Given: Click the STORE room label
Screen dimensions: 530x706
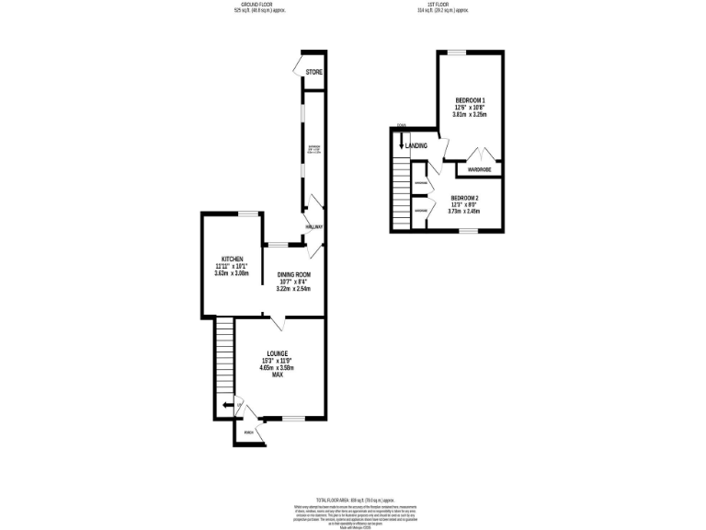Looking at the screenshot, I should (x=314, y=72).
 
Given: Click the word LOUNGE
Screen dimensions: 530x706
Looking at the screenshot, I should (x=278, y=353).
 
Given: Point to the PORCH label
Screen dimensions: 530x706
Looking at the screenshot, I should (x=248, y=432).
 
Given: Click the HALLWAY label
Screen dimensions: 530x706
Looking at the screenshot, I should (x=313, y=226).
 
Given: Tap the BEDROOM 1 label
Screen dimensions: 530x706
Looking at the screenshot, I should (x=470, y=99).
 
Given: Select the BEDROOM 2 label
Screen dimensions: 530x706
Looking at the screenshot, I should (x=464, y=197).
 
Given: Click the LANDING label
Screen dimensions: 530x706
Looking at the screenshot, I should (x=416, y=145).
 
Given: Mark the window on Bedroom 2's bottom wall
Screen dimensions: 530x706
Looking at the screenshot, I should (x=466, y=231).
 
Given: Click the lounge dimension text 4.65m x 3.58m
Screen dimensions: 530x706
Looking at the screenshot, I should (x=277, y=368).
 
